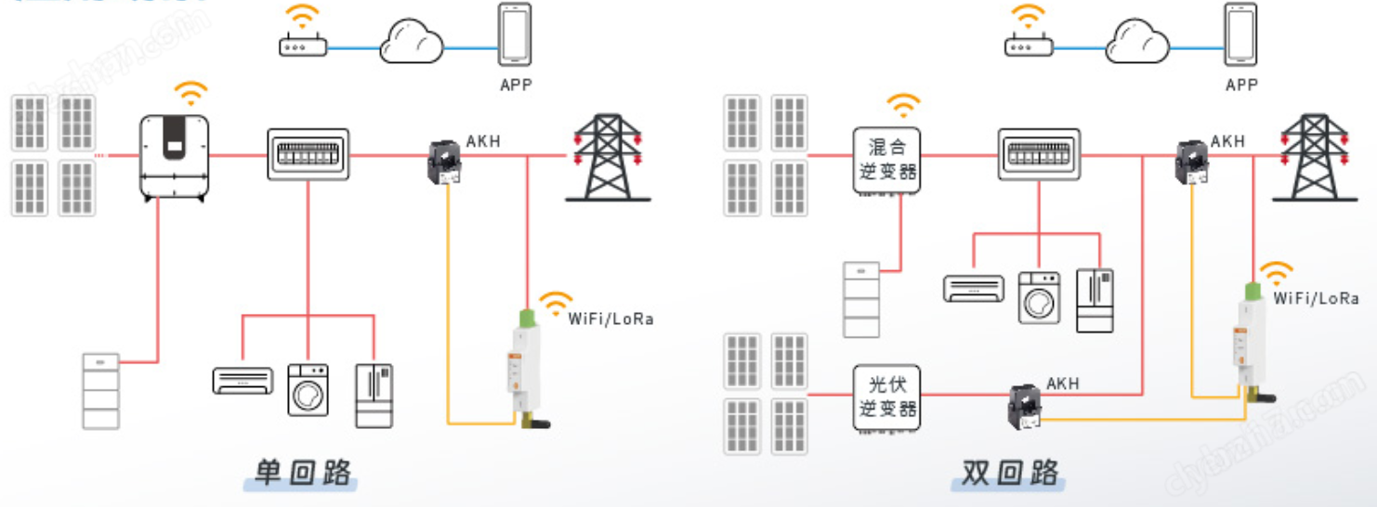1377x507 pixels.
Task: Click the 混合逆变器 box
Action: coord(886,160)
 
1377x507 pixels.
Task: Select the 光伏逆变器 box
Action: coord(886,397)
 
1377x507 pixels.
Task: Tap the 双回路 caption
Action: coord(1010,473)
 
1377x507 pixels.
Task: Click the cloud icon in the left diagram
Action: coord(411,43)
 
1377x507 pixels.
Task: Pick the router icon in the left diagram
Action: coord(303,45)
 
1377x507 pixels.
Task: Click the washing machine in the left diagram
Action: coord(308,388)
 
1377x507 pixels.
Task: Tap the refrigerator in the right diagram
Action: coord(1095,300)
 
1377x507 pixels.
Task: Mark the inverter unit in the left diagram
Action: coord(175,157)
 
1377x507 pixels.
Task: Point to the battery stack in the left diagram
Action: coord(100,390)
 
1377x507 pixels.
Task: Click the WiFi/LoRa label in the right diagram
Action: coord(1316,298)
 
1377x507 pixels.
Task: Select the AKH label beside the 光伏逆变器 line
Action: coord(1063,383)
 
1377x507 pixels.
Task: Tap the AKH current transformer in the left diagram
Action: coord(444,162)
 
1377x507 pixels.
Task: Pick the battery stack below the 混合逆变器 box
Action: coord(860,299)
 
